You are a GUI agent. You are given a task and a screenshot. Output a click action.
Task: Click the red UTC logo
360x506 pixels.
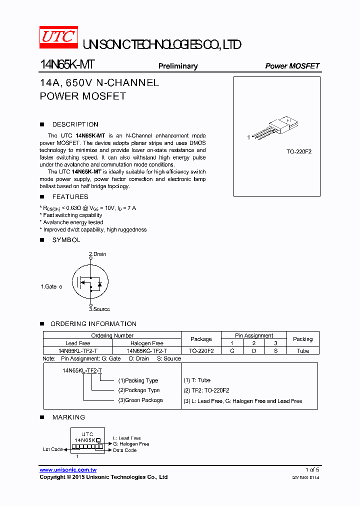58,37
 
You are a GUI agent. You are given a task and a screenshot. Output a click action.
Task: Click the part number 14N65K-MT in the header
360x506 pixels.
66,65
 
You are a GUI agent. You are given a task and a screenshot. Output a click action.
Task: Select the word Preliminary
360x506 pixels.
178,66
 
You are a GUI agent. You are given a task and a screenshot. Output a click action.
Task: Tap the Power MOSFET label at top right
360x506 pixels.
292,66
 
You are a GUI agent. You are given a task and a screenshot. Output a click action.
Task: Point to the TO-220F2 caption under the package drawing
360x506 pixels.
298,151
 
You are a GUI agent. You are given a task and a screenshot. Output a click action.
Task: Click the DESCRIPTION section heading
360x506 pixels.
75,124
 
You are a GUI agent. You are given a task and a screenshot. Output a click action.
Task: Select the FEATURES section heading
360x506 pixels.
70,197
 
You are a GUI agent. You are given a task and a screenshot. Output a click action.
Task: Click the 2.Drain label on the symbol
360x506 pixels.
97,254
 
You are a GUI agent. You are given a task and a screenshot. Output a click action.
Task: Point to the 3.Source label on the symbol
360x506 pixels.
99,309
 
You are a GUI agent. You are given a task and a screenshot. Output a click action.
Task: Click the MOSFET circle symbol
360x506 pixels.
90,281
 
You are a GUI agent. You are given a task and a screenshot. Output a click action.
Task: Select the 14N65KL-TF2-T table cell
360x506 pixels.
78,351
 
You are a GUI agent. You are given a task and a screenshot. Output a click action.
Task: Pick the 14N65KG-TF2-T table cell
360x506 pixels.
146,351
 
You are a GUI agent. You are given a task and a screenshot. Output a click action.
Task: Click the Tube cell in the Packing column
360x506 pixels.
302,351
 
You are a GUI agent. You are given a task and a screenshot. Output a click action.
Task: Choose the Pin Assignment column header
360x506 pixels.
254,335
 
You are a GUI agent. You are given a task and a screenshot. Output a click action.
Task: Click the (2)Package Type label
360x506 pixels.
139,390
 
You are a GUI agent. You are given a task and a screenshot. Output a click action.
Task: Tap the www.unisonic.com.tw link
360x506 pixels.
68,470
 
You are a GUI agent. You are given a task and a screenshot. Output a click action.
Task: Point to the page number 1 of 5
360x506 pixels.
312,470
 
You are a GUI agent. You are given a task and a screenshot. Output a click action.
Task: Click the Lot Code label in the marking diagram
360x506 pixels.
53,449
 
